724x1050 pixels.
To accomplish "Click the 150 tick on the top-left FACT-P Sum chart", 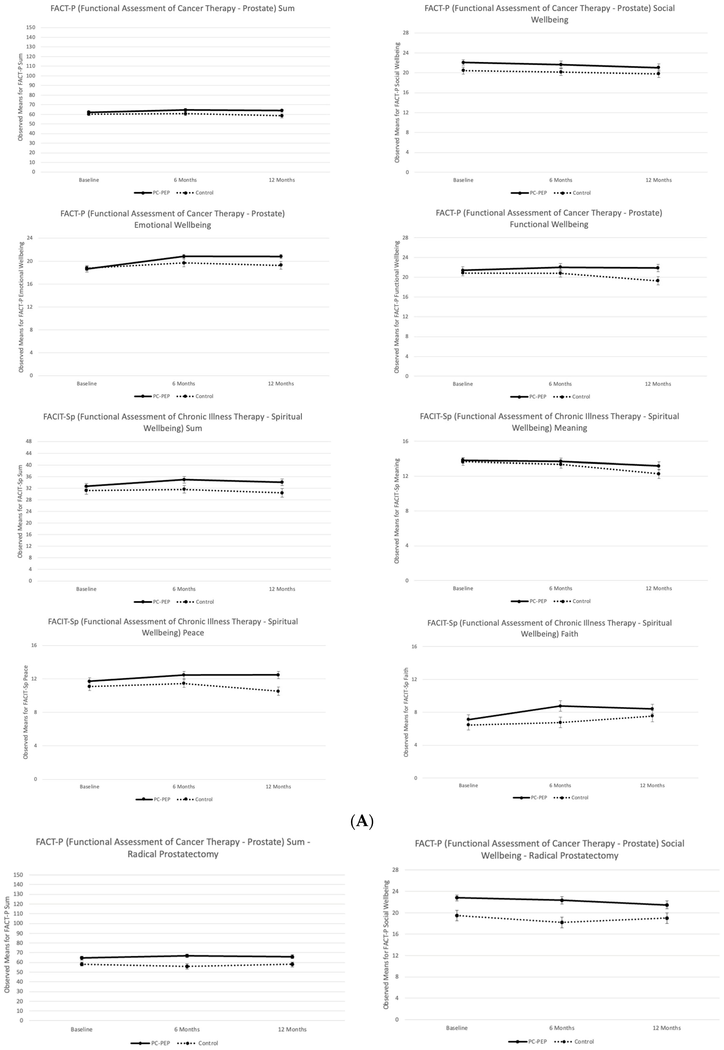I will point(31,27).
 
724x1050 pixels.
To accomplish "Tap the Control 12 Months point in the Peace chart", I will point(278,691).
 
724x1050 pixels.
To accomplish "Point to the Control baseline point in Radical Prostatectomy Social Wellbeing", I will point(457,915).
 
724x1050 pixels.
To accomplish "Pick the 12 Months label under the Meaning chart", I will point(659,588).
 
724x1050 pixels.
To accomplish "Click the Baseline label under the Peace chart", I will point(89,786).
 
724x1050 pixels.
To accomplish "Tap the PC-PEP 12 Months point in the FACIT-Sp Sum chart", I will point(282,482).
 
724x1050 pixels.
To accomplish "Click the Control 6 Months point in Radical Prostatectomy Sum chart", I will point(187,966).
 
